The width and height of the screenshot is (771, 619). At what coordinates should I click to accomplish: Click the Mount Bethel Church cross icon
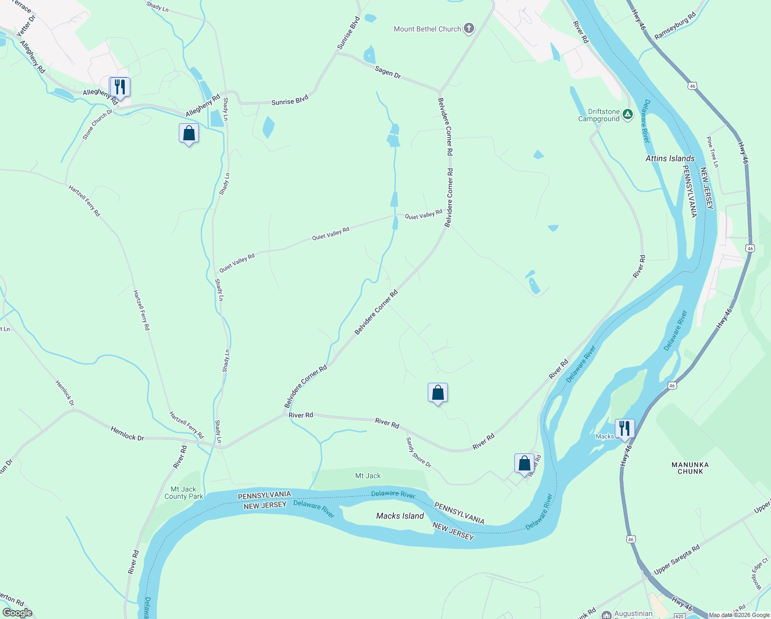(468, 29)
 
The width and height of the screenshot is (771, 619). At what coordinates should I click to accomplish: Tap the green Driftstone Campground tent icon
(627, 115)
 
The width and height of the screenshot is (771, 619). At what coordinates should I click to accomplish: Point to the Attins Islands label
(670, 159)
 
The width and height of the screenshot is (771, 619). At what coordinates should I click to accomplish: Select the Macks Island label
(400, 516)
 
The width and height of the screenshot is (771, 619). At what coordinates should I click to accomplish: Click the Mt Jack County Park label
(184, 493)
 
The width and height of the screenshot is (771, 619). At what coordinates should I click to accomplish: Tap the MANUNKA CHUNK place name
(690, 468)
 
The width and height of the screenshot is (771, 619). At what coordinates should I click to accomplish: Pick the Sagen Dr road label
(388, 72)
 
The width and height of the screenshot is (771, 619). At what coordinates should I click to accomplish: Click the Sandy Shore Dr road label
(418, 452)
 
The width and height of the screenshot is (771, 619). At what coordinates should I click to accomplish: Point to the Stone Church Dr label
(97, 124)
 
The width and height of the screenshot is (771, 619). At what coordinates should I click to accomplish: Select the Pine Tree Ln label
(712, 152)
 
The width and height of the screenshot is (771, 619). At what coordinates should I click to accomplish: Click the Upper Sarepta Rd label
(677, 559)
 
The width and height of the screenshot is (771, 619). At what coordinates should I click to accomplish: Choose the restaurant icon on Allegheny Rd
(120, 87)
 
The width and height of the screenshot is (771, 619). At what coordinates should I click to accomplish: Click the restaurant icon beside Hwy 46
(625, 428)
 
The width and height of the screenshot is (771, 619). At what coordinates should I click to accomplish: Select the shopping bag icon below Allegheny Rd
(189, 133)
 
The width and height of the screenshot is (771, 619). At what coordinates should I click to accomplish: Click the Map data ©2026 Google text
(739, 615)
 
